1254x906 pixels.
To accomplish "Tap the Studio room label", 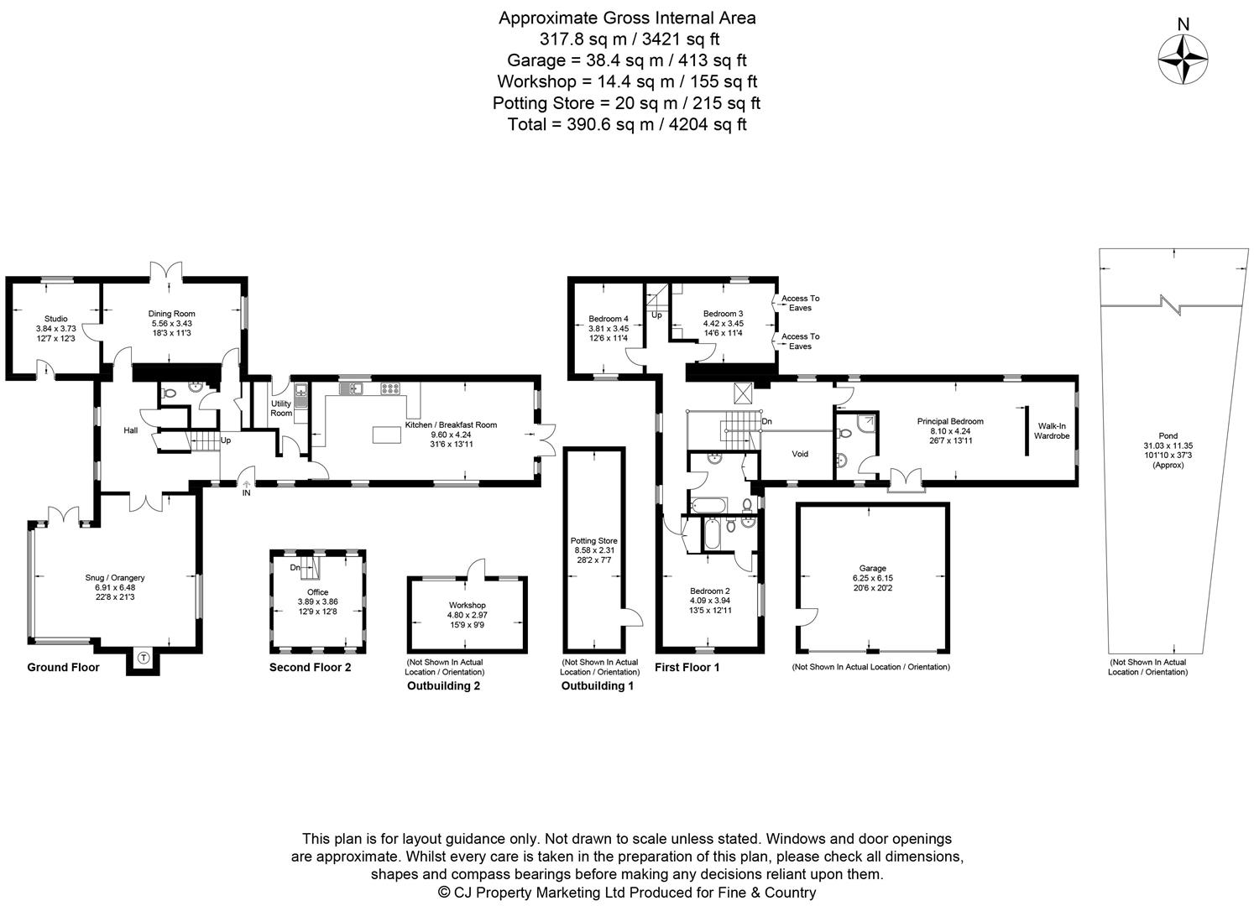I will point(56,319).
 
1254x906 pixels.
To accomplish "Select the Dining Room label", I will point(172,314).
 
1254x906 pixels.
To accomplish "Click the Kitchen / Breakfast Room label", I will point(451,424).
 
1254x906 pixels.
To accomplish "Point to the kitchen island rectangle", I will point(387,435).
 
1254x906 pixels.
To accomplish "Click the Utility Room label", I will point(281,409).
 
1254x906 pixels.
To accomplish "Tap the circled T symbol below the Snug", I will point(143,659).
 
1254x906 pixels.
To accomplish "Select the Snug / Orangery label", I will point(115,577).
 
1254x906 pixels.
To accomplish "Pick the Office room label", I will point(318,592).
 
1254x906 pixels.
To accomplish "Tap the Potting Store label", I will point(593,541).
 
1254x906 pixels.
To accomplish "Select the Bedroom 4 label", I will point(609,319).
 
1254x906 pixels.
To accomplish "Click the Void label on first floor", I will point(800,454).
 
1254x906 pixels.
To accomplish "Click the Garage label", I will point(873,568).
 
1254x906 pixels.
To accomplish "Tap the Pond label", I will point(1168,435).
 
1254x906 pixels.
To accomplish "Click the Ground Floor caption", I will point(63,668).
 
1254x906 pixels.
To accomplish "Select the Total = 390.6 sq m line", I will point(627,124).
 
